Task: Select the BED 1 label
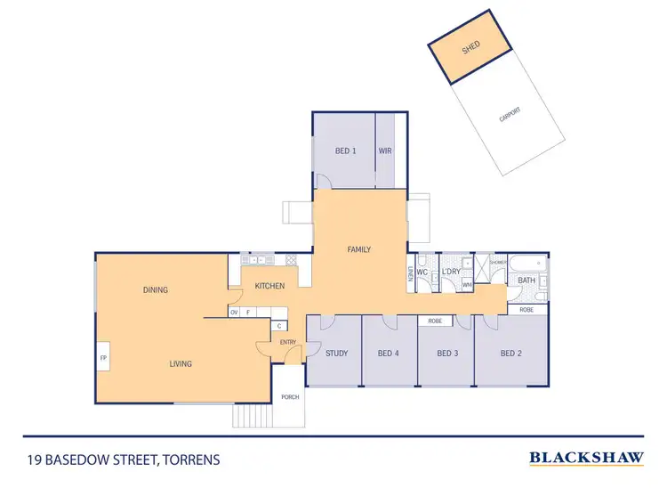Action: (x=345, y=151)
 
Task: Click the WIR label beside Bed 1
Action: (x=385, y=151)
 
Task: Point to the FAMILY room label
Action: (x=358, y=250)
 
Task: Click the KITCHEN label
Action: (x=269, y=286)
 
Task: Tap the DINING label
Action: (x=155, y=290)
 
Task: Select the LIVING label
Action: (x=181, y=363)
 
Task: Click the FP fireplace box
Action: (x=103, y=359)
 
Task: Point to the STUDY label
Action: (x=336, y=354)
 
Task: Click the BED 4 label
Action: (x=389, y=354)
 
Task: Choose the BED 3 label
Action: (x=447, y=354)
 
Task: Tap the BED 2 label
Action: (x=510, y=354)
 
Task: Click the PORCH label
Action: (x=290, y=397)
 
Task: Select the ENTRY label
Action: (x=287, y=342)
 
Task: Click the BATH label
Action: (x=526, y=281)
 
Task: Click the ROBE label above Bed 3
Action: (x=435, y=321)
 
